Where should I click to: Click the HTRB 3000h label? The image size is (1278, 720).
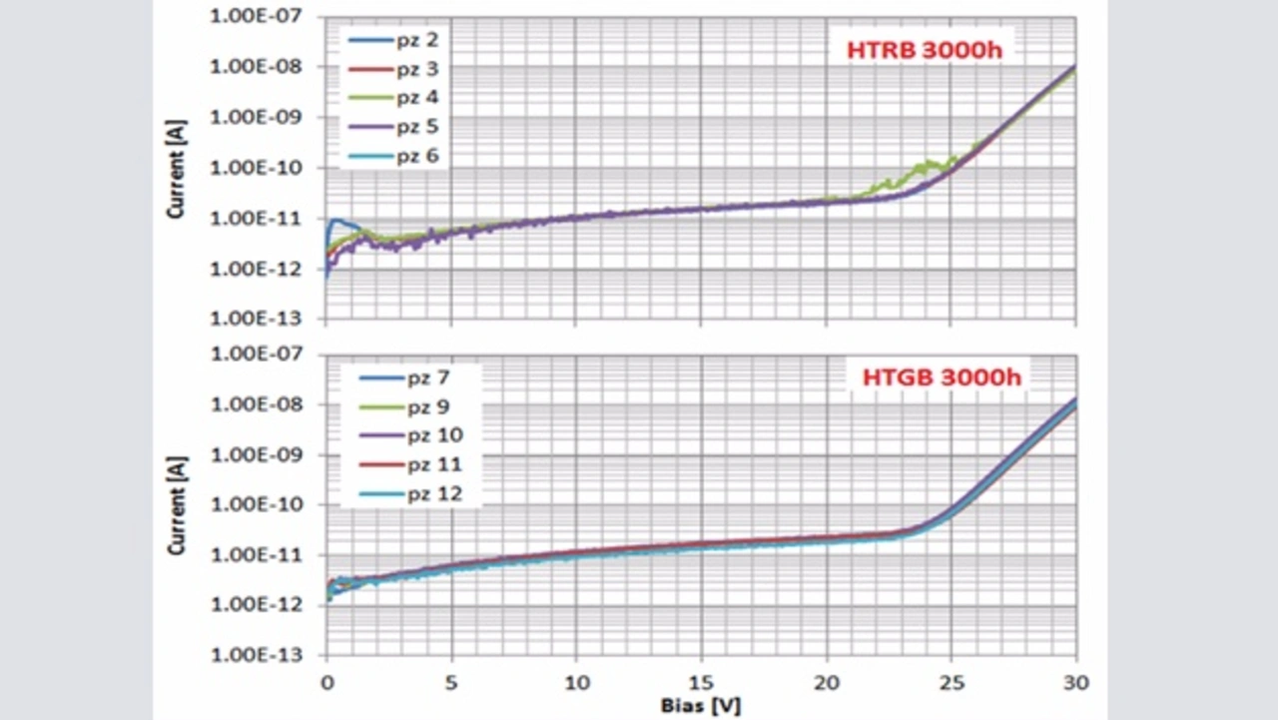pos(924,51)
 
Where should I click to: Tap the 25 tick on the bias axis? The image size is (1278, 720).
pos(952,683)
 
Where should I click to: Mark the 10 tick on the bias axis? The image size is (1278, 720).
pos(576,683)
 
